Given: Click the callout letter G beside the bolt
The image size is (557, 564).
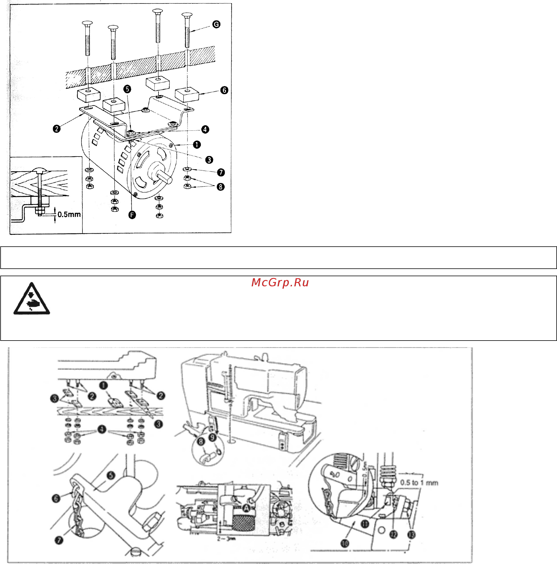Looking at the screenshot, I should click(x=216, y=24).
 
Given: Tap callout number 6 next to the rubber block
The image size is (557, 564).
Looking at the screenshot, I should click(x=224, y=90).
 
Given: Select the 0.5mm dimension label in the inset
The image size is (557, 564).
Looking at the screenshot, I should click(x=69, y=214).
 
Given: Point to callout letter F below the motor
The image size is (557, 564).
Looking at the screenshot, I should click(x=132, y=215).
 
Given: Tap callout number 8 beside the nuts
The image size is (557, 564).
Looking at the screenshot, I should click(x=221, y=187).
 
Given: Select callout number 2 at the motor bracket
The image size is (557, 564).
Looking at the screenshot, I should click(x=57, y=128).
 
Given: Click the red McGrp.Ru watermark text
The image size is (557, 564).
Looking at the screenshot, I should click(x=280, y=283).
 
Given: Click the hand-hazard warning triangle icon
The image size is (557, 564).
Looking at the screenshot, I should click(x=32, y=299).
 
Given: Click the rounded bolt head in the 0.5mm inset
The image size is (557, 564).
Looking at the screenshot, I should click(x=39, y=170).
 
